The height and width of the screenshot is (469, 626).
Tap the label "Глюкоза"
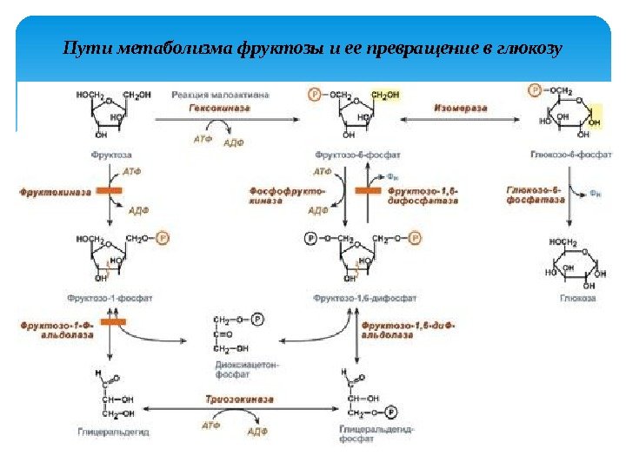tap(576, 298)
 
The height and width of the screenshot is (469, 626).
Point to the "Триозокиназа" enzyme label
tap(239, 399)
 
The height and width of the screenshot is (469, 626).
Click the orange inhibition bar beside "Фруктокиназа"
tap(110, 189)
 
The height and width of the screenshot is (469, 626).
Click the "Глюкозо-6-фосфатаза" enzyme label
tap(531, 194)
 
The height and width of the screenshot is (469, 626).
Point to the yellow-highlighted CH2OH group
tap(385, 95)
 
